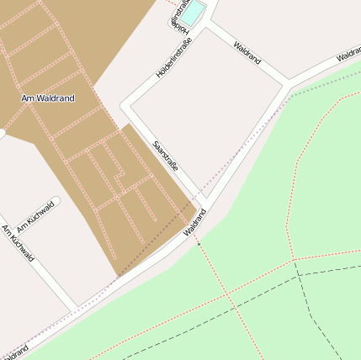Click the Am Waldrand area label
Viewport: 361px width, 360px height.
47,98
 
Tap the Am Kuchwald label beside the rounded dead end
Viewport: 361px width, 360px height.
35,216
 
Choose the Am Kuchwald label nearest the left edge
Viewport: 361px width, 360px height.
18,242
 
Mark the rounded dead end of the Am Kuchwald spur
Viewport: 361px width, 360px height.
55,202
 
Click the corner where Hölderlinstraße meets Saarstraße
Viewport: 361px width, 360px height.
126,106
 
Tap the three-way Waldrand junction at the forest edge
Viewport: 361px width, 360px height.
289,83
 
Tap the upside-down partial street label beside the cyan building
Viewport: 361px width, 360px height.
178,18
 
